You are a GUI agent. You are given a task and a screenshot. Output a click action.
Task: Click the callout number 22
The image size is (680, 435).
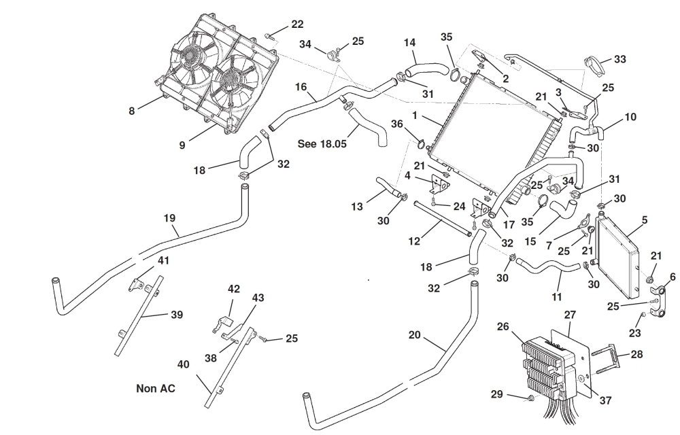(x=297, y=24)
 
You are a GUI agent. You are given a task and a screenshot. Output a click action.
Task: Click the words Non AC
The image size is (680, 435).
(x=156, y=389)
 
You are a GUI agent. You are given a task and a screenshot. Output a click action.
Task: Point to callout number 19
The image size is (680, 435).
(x=169, y=218)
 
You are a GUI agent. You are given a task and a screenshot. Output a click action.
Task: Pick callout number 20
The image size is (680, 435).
(x=415, y=335)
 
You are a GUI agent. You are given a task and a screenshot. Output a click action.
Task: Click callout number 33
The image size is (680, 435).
(x=619, y=60)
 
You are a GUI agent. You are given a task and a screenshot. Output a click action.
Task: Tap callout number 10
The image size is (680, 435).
(x=630, y=117)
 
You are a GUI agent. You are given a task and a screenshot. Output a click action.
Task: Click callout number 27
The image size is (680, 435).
(x=570, y=315)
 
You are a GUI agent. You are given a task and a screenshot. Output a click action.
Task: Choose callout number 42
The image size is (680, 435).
(x=233, y=289)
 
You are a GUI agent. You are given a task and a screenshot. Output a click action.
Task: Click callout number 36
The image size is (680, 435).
(x=397, y=123)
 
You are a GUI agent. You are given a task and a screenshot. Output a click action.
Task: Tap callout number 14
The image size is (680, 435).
(x=409, y=42)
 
